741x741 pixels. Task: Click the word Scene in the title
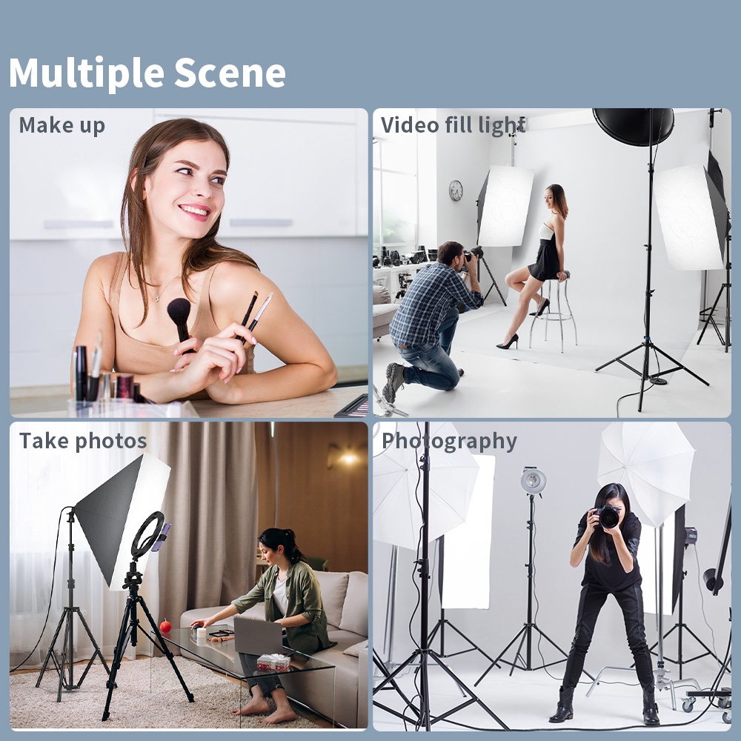coord(230,73)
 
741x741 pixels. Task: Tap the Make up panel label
coord(62,125)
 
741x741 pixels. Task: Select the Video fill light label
coord(453,125)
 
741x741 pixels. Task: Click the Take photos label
coord(83,441)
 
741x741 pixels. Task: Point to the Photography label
coord(449,441)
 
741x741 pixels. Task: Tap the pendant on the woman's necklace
coord(156,298)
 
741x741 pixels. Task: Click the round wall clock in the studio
coord(456,190)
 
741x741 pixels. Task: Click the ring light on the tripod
coord(147,534)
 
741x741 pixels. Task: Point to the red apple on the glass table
coord(165,627)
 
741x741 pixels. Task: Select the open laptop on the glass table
coord(257,635)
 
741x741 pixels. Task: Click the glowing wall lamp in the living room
coord(348,459)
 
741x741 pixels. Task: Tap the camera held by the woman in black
coord(608,516)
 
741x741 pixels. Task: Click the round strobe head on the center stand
coord(533,480)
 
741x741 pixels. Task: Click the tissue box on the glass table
coord(273,662)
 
